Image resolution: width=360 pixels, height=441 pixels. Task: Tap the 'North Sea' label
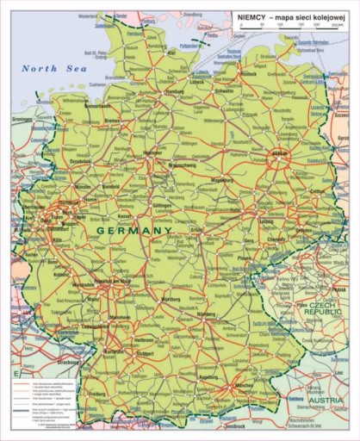coord(49,68)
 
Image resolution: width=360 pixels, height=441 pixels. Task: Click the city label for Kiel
coord(172,53)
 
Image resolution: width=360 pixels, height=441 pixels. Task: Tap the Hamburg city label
coord(175,91)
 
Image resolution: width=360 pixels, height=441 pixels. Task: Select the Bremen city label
coord(114,121)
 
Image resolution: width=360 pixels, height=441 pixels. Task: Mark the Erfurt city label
coord(198,230)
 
